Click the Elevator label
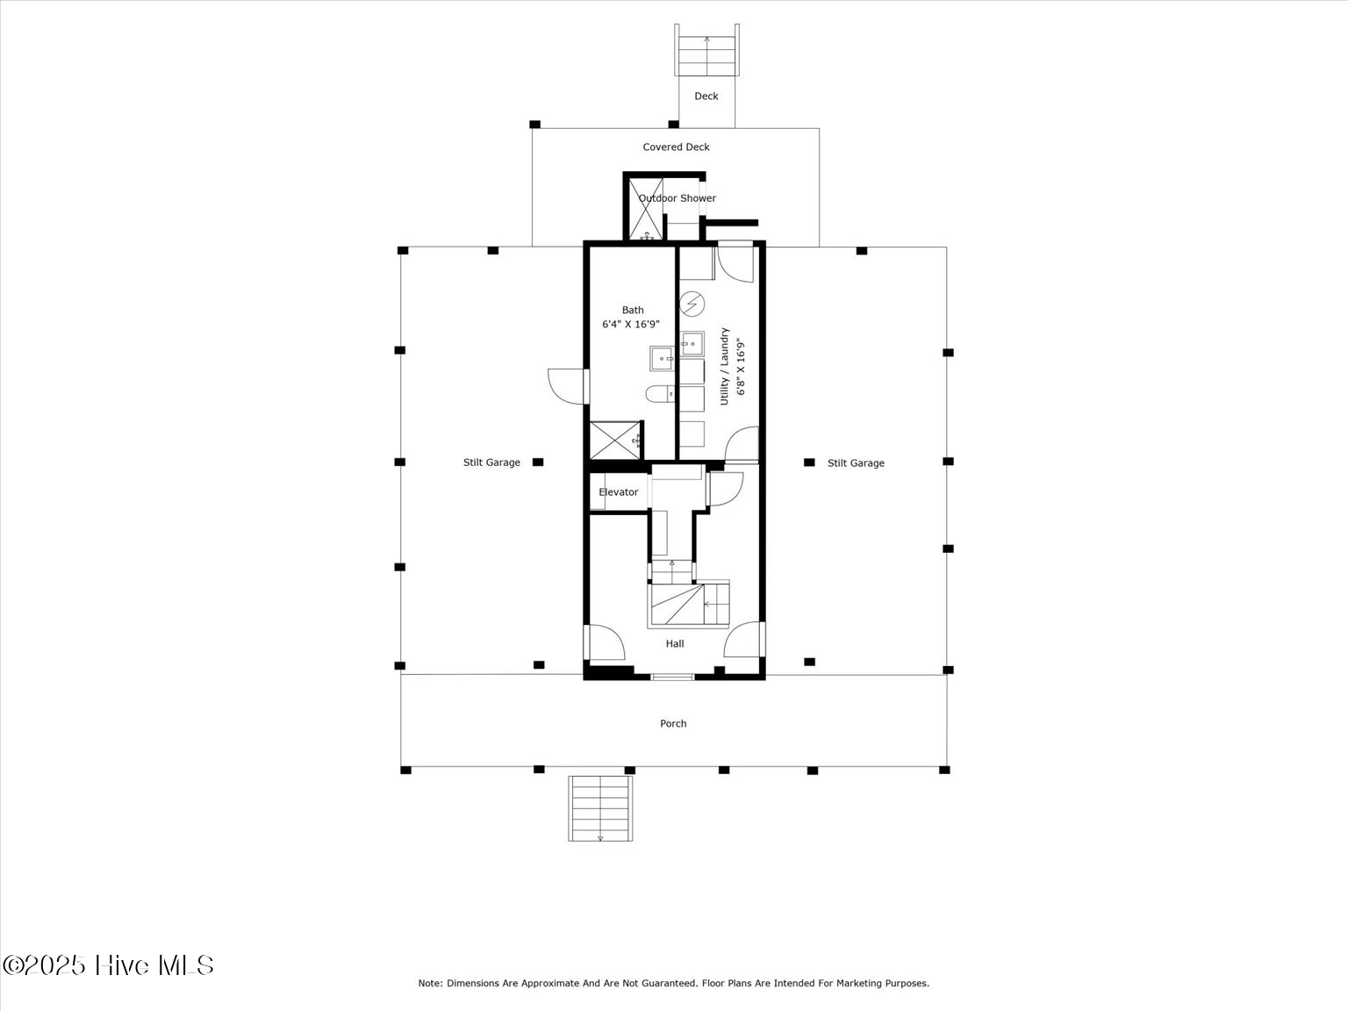[618, 492]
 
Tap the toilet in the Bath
[659, 395]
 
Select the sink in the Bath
[662, 359]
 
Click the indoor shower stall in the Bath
[612, 440]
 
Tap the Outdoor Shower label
[677, 198]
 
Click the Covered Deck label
[676, 147]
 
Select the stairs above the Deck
[706, 51]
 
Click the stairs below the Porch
[600, 808]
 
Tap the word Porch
[673, 724]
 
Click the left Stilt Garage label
[491, 462]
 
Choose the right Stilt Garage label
[856, 463]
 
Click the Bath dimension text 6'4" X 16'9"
[630, 325]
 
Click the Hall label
[674, 644]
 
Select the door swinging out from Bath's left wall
[567, 386]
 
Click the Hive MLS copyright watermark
[108, 965]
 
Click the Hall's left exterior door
[605, 642]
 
